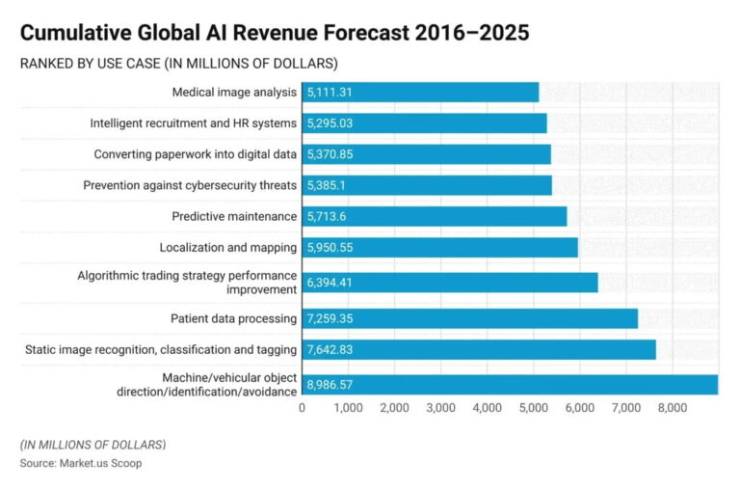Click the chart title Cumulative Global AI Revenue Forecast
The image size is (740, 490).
tap(275, 32)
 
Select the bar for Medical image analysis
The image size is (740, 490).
tap(420, 93)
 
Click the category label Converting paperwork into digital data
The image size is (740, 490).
tap(195, 154)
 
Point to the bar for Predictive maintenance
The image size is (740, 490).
tap(435, 216)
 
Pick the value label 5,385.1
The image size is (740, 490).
tap(330, 185)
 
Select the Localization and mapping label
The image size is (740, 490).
tap(228, 248)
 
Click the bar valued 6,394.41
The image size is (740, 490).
tap(450, 283)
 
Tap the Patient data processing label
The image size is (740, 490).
tap(234, 317)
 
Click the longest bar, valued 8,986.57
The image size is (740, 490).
tap(510, 384)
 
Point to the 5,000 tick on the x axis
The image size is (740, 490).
tap(533, 408)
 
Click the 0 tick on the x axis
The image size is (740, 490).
tap(303, 408)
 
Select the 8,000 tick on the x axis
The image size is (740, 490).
tap(672, 408)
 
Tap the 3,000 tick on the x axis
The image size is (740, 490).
tap(440, 408)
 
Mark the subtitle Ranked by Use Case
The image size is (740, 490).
tap(178, 64)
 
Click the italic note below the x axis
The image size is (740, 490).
tap(92, 445)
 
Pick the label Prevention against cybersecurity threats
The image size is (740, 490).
tap(190, 185)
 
